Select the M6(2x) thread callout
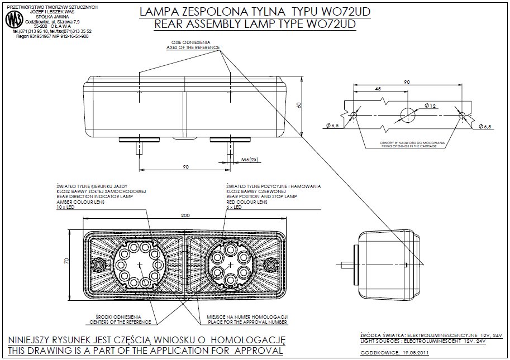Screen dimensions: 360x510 click(x=249, y=160)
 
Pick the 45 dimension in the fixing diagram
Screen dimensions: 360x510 click(x=378, y=89)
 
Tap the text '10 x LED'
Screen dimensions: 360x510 click(x=65, y=207)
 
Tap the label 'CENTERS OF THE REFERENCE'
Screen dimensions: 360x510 click(x=120, y=322)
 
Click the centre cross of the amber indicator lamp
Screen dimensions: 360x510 click(x=137, y=261)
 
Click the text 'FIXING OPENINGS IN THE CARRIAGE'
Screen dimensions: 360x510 click(x=412, y=147)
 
